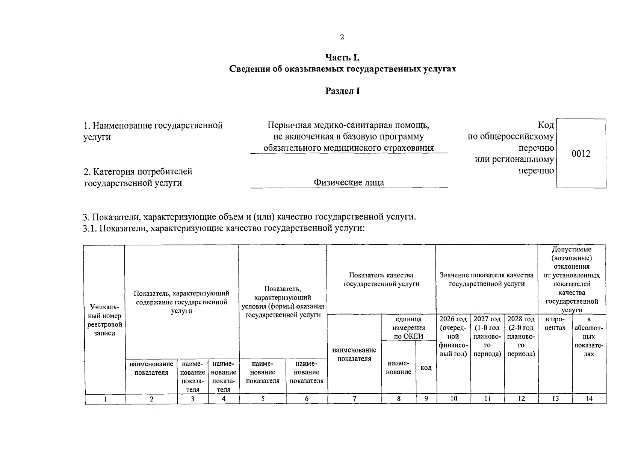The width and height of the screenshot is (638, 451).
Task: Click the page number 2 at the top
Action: pyautogui.click(x=342, y=37)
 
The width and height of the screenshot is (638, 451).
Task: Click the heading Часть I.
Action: pyautogui.click(x=342, y=58)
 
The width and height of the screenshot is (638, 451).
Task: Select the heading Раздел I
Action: pyautogui.click(x=342, y=91)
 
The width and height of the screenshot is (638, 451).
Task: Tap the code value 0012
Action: pyautogui.click(x=581, y=154)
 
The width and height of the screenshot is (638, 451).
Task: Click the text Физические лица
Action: pyautogui.click(x=349, y=183)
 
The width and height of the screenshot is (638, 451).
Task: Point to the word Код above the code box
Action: pyautogui.click(x=546, y=125)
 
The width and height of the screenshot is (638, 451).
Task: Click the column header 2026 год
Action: pyautogui.click(x=453, y=319)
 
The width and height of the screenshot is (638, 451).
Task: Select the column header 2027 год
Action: pyautogui.click(x=487, y=319)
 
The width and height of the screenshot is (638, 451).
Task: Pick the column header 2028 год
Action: pyautogui.click(x=521, y=319)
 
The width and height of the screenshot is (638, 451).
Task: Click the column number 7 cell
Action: pyautogui.click(x=354, y=399)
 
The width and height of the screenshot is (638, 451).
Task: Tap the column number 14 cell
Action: pyautogui.click(x=589, y=399)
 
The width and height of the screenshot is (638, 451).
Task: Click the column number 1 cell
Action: pyautogui.click(x=105, y=399)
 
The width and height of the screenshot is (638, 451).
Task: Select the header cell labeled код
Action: pyautogui.click(x=426, y=368)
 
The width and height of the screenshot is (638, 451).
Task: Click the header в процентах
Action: pyautogui.click(x=555, y=324)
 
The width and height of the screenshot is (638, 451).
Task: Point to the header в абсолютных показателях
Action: pyautogui.click(x=589, y=337)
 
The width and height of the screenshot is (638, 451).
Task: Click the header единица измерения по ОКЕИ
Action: pyautogui.click(x=408, y=328)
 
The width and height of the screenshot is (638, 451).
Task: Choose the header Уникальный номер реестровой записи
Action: pyautogui.click(x=104, y=321)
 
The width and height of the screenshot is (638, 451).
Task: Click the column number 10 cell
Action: pyautogui.click(x=454, y=399)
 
